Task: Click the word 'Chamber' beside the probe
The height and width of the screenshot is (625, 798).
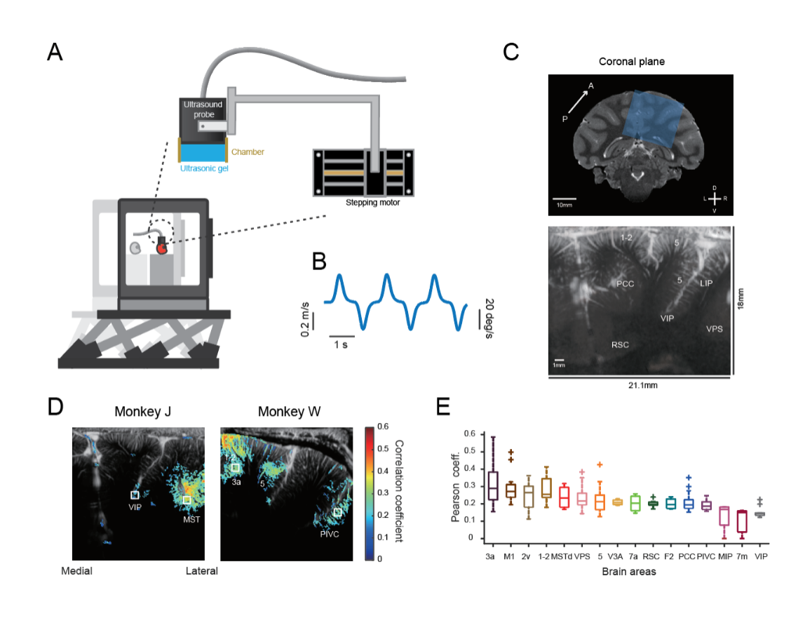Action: point(248,151)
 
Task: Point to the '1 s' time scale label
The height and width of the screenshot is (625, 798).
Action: point(341,344)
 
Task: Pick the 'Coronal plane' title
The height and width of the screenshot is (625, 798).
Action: point(631,62)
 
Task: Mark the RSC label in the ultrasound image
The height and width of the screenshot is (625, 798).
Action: point(621,345)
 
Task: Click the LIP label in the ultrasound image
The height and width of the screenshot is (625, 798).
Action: point(707,283)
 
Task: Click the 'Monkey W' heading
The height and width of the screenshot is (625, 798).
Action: point(289,411)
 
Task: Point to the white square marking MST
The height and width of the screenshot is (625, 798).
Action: point(187,499)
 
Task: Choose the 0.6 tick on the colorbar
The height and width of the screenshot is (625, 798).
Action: point(385,426)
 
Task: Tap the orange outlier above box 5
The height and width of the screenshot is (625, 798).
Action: point(599,464)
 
